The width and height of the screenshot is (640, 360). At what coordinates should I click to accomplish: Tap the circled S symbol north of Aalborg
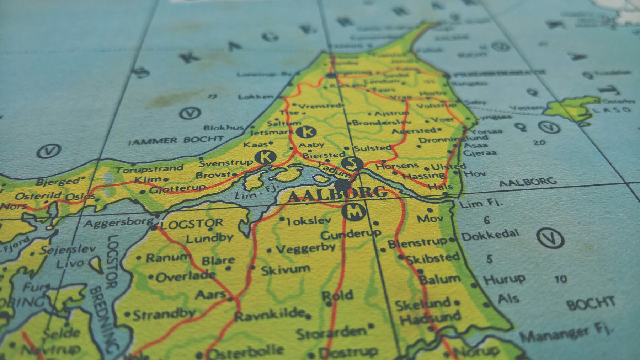point(352,163)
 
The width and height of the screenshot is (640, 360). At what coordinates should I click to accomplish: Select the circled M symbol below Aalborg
point(353,212)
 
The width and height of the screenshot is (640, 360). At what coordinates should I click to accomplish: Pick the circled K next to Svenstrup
point(266,157)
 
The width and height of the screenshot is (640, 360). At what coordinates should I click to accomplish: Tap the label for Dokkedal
point(490,235)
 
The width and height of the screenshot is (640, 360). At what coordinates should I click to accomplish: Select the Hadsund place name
point(430,317)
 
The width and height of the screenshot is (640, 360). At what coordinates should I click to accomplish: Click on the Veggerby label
point(305,248)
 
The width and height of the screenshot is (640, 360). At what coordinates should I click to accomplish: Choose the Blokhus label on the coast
point(223,127)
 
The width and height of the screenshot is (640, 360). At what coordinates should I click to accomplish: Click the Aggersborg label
point(118,223)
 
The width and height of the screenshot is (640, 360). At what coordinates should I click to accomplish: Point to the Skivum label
point(285,270)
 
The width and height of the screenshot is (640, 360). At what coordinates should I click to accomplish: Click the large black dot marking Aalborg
point(342,184)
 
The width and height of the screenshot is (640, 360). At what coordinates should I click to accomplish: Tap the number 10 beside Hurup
point(560,279)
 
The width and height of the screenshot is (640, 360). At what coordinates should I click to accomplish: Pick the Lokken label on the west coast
point(256,97)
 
